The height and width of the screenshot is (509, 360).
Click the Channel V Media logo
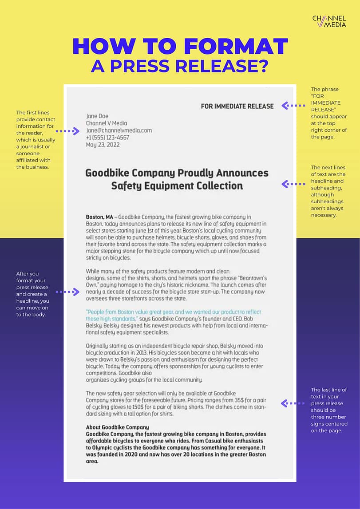coord(329,21)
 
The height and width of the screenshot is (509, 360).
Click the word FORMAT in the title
coord(235,47)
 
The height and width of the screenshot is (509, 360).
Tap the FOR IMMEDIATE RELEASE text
coord(237,106)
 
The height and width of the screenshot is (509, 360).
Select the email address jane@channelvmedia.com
coord(119,130)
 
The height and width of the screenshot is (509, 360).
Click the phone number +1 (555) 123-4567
coord(107,138)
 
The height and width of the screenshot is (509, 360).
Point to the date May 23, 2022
coord(103,145)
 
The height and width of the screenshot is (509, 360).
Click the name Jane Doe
coord(97,116)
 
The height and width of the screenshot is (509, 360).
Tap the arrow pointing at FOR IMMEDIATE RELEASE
coord(293,106)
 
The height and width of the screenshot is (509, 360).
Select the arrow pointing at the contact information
coord(67,131)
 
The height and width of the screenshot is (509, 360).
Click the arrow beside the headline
coord(293,184)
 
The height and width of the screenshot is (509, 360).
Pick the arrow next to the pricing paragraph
coord(293,403)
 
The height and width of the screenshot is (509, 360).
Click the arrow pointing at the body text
coord(67,292)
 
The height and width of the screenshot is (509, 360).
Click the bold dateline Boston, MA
coord(99,217)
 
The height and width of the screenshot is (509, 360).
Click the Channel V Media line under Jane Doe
coord(107,123)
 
